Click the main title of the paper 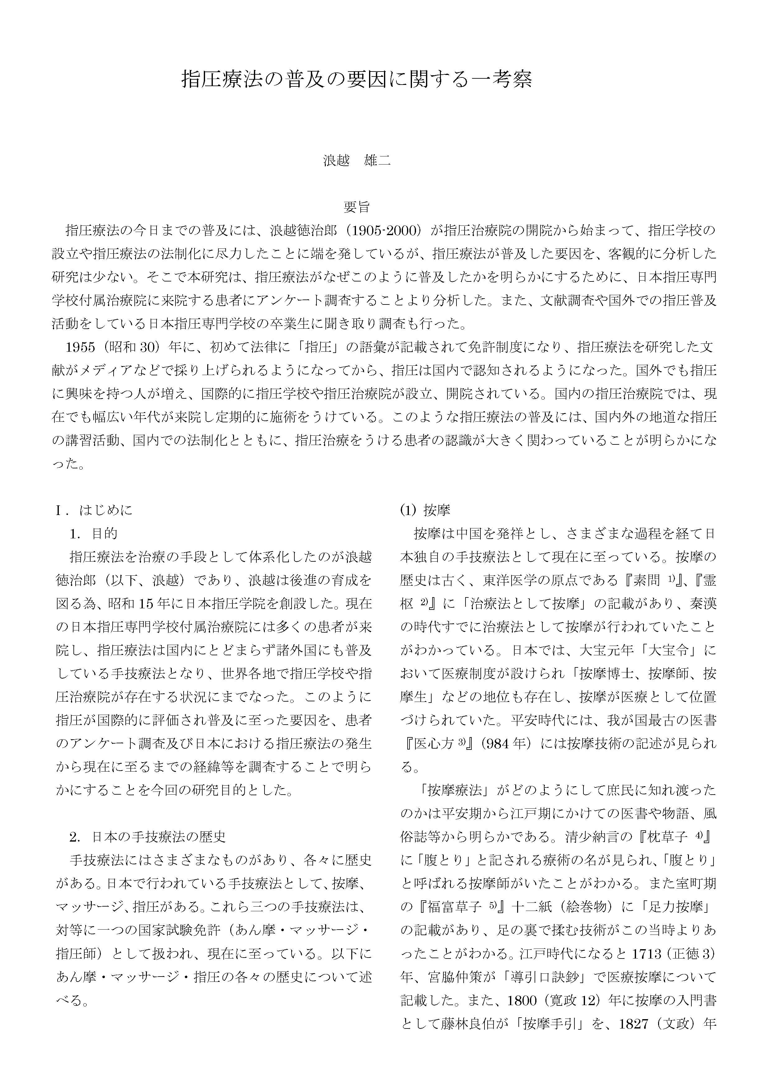357,79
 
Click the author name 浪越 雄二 357,160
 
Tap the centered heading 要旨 357,207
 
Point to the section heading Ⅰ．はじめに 94,510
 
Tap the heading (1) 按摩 424,510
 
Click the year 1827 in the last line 634,1023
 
